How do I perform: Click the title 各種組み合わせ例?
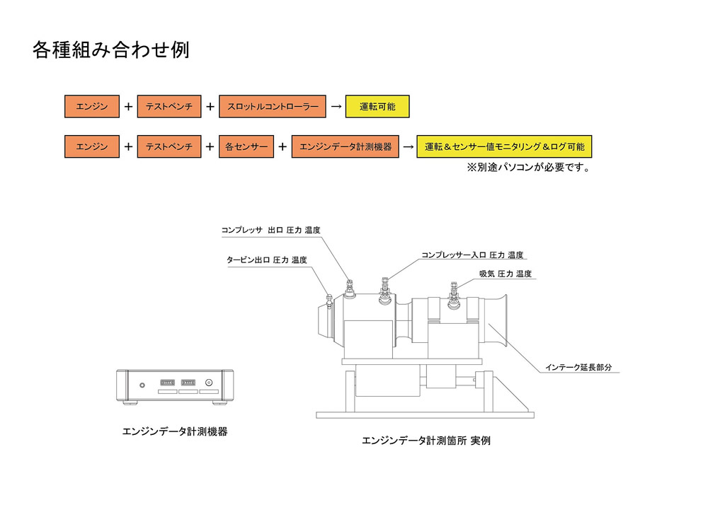[111, 50]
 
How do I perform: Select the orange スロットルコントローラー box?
[273, 106]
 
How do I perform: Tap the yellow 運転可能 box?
[377, 106]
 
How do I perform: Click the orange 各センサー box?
[246, 146]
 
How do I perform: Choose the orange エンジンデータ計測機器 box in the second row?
[345, 146]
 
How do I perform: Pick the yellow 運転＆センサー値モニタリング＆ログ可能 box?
[504, 146]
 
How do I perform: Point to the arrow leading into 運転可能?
[336, 107]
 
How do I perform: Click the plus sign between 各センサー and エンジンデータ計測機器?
[282, 147]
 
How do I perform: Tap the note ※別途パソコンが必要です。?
[529, 167]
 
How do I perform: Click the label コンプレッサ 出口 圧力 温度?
[270, 230]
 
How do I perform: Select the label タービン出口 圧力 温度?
[267, 260]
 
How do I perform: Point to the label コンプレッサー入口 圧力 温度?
[472, 255]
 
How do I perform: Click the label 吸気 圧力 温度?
[506, 274]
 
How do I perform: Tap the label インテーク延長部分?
[578, 367]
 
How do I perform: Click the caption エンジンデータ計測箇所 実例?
[426, 441]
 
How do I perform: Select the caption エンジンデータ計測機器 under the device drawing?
[175, 431]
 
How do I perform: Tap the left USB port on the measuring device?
[167, 383]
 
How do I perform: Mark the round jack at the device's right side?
[209, 383]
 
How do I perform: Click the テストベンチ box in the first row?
[169, 106]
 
